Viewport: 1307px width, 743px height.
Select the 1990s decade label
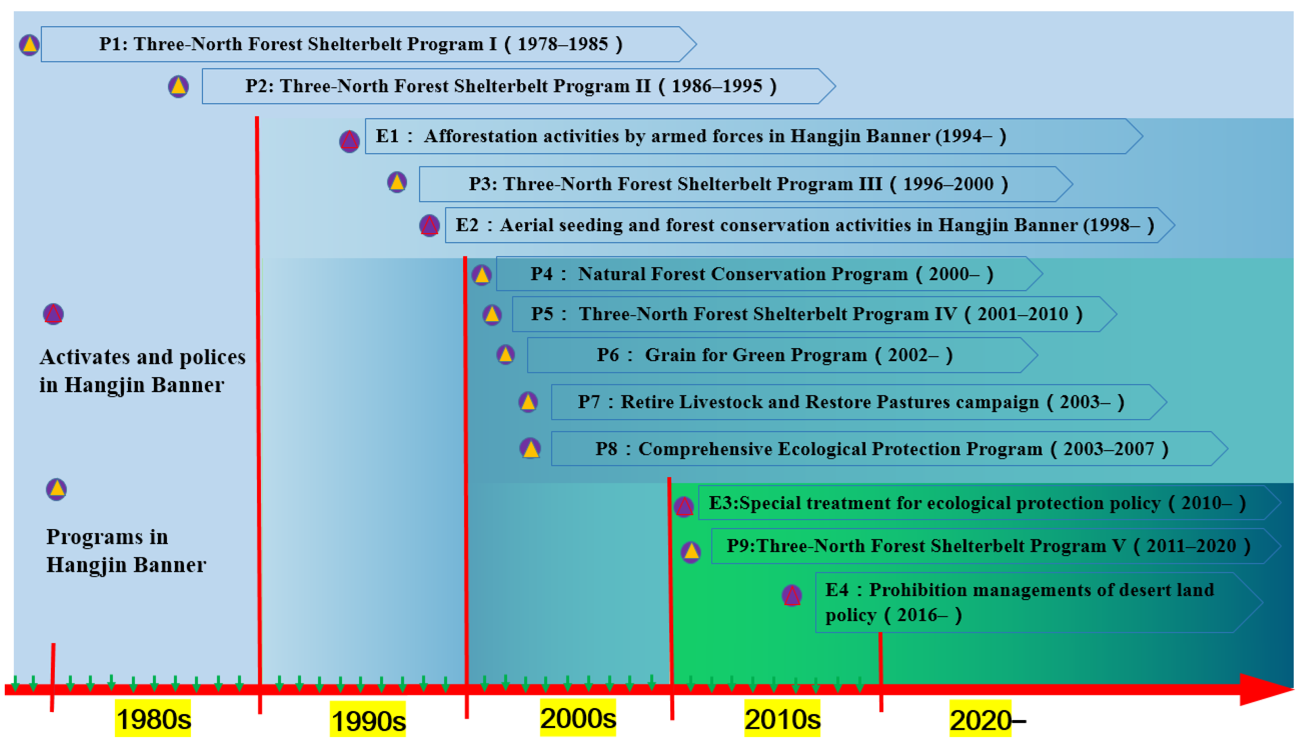368,720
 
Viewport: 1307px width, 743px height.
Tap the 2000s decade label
578,718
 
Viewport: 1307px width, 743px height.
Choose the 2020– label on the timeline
987,720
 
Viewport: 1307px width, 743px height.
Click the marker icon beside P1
29,45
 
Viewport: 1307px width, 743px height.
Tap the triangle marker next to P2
178,86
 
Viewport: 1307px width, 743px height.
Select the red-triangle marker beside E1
349,141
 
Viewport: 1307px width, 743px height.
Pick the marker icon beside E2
429,225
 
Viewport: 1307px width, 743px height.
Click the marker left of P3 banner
397,182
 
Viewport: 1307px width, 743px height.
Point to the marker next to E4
792,595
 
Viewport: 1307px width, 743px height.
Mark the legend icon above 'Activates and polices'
53,314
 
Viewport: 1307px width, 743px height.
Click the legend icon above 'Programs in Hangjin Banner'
56,489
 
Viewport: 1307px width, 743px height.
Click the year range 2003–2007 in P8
1108,449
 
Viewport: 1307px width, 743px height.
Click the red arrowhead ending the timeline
1267,689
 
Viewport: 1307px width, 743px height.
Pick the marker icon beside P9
691,552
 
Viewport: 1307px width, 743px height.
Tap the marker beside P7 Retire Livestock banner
528,402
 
